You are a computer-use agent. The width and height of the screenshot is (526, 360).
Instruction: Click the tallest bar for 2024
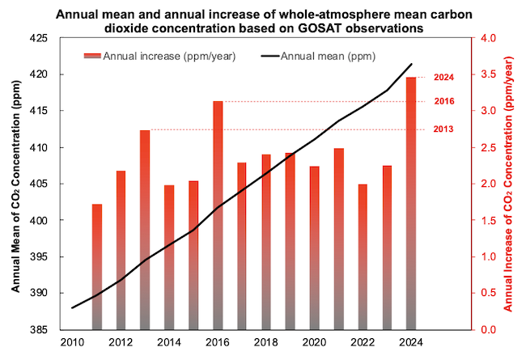click(x=411, y=202)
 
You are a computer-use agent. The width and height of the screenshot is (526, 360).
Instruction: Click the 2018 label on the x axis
click(x=266, y=342)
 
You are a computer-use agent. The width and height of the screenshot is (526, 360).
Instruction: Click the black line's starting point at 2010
click(x=73, y=307)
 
